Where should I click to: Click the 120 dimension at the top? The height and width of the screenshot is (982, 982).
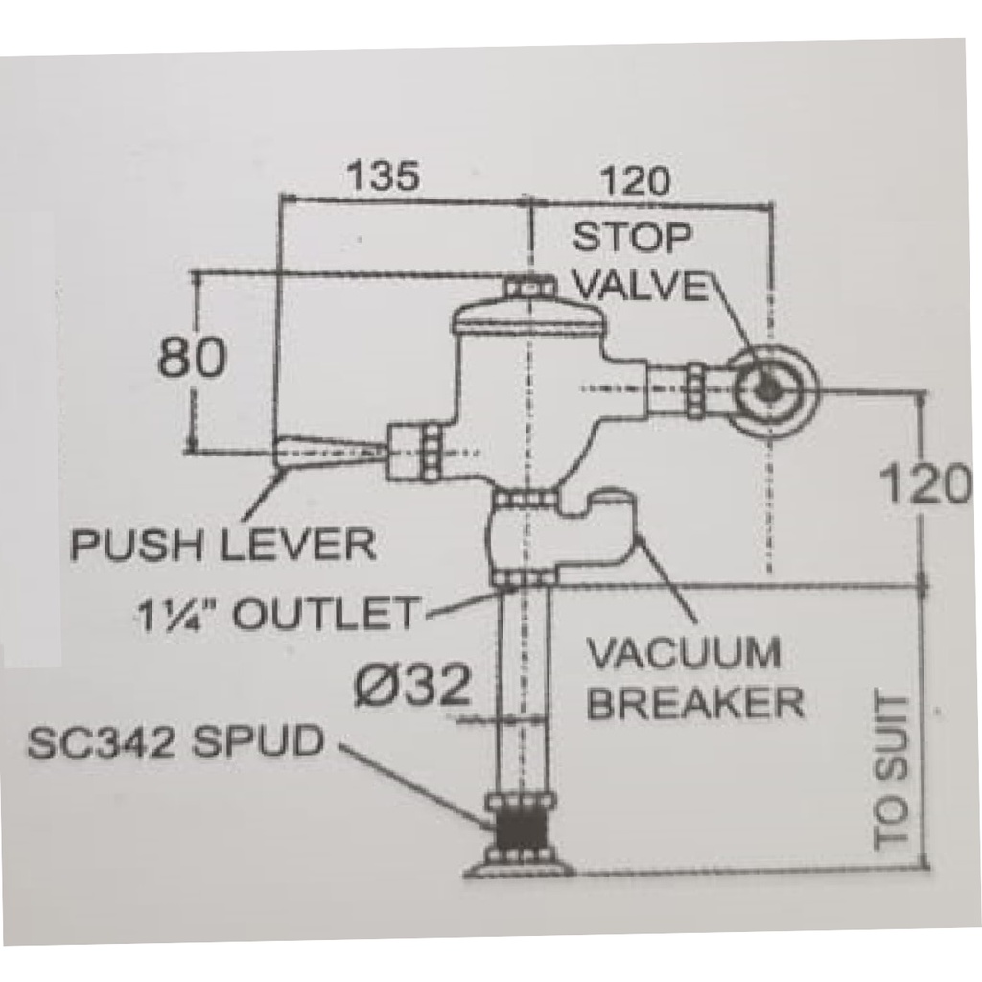tap(634, 180)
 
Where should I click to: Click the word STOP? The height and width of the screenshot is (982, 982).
tap(632, 237)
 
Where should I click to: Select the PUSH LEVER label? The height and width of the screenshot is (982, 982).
tap(224, 546)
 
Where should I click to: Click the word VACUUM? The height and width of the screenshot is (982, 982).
tap(683, 656)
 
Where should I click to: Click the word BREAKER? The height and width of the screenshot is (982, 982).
tap(695, 703)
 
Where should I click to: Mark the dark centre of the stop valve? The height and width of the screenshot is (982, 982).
tap(767, 388)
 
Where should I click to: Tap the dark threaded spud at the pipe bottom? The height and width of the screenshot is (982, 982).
tap(519, 830)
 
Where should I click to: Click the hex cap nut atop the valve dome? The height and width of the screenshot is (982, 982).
tap(526, 286)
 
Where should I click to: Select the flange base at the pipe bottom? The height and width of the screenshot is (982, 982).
tap(519, 868)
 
